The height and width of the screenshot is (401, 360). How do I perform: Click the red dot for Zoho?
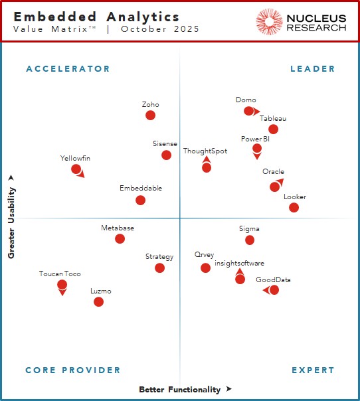(x=150, y=116)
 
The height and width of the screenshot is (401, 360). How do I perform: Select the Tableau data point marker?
(x=273, y=129)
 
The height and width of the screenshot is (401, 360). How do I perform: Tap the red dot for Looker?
(x=294, y=208)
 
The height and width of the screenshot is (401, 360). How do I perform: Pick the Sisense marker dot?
(x=166, y=155)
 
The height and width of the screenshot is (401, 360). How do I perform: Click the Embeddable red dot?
(x=140, y=200)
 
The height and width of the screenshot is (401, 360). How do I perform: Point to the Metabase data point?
(x=120, y=239)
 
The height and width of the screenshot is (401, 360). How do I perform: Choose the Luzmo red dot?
(x=98, y=302)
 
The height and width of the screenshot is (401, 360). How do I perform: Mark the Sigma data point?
(x=250, y=240)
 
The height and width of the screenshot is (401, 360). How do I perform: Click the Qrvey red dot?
(x=205, y=268)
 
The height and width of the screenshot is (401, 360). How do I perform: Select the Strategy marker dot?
(x=159, y=268)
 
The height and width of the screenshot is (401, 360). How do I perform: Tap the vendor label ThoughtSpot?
(x=205, y=151)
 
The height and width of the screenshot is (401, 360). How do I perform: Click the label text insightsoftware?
(x=239, y=264)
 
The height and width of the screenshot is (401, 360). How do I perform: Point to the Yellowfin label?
(x=75, y=158)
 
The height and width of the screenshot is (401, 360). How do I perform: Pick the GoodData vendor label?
(x=273, y=280)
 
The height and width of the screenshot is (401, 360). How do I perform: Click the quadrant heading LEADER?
(x=313, y=69)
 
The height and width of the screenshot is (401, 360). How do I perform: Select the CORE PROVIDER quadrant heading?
(x=73, y=370)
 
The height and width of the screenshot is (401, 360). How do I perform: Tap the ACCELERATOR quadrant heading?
(x=68, y=69)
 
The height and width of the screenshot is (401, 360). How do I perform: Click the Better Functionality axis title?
(x=179, y=390)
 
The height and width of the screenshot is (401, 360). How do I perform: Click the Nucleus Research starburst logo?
(x=269, y=22)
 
